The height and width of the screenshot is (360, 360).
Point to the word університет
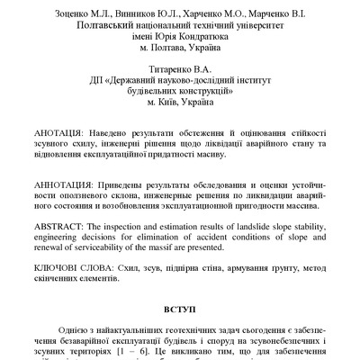tap(251, 28)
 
